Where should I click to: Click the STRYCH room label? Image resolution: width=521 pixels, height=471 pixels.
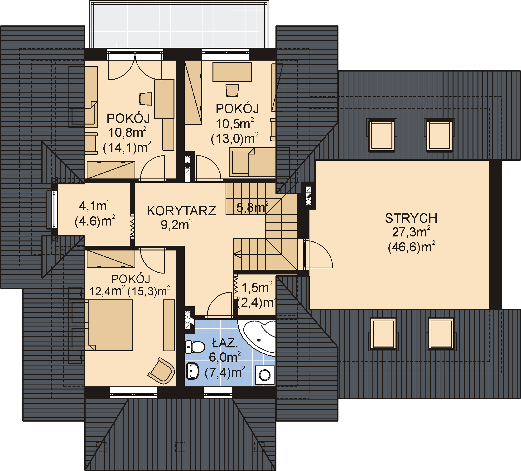(x=411, y=218)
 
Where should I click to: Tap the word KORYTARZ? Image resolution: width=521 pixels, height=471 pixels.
(x=181, y=211)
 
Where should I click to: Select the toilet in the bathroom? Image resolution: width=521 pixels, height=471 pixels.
(x=195, y=347)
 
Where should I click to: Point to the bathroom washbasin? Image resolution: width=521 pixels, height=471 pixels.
(x=193, y=371)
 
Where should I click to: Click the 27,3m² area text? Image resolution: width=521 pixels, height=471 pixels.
(x=411, y=232)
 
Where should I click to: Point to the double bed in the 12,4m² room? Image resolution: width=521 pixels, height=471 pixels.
(x=110, y=325)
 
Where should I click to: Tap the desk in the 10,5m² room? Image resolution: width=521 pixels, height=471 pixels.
(x=232, y=72)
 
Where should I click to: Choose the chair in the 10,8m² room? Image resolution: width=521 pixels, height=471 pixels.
(x=146, y=99)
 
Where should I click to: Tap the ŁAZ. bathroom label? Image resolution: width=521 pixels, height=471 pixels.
(x=224, y=343)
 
